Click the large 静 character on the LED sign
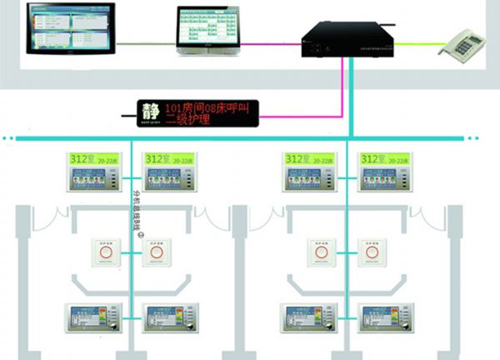click(151, 110)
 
